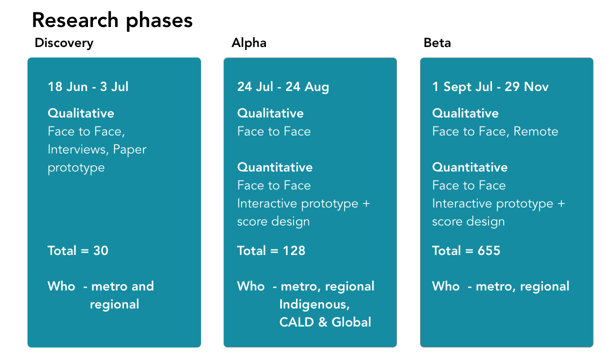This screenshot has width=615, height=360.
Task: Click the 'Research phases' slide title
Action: tap(112, 21)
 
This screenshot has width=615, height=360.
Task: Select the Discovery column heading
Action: tap(64, 43)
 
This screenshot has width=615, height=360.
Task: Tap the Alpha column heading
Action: tap(248, 43)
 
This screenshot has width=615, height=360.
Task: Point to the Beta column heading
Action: tap(437, 43)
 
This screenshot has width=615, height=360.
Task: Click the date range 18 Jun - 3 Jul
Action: tap(88, 87)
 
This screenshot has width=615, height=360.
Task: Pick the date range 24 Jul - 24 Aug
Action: tap(283, 87)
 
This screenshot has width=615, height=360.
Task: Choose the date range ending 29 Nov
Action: tap(490, 87)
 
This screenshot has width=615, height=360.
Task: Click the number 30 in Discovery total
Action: tap(101, 250)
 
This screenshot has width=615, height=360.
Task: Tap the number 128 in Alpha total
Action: tap(294, 250)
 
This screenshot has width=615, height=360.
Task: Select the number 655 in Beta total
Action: tap(488, 250)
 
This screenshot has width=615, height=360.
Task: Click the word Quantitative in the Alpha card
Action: tap(275, 167)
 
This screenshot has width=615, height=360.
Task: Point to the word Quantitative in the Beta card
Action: tap(470, 167)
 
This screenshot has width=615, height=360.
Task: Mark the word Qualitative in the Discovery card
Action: tap(80, 113)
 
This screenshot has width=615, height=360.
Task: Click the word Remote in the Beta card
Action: tap(535, 131)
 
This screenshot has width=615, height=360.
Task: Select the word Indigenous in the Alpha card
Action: tap(314, 304)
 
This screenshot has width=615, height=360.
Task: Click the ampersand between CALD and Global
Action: tap(323, 322)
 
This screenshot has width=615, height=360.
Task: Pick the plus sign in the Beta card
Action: tap(561, 204)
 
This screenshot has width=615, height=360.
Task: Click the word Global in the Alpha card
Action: tap(351, 322)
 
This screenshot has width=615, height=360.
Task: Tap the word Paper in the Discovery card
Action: tap(129, 150)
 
